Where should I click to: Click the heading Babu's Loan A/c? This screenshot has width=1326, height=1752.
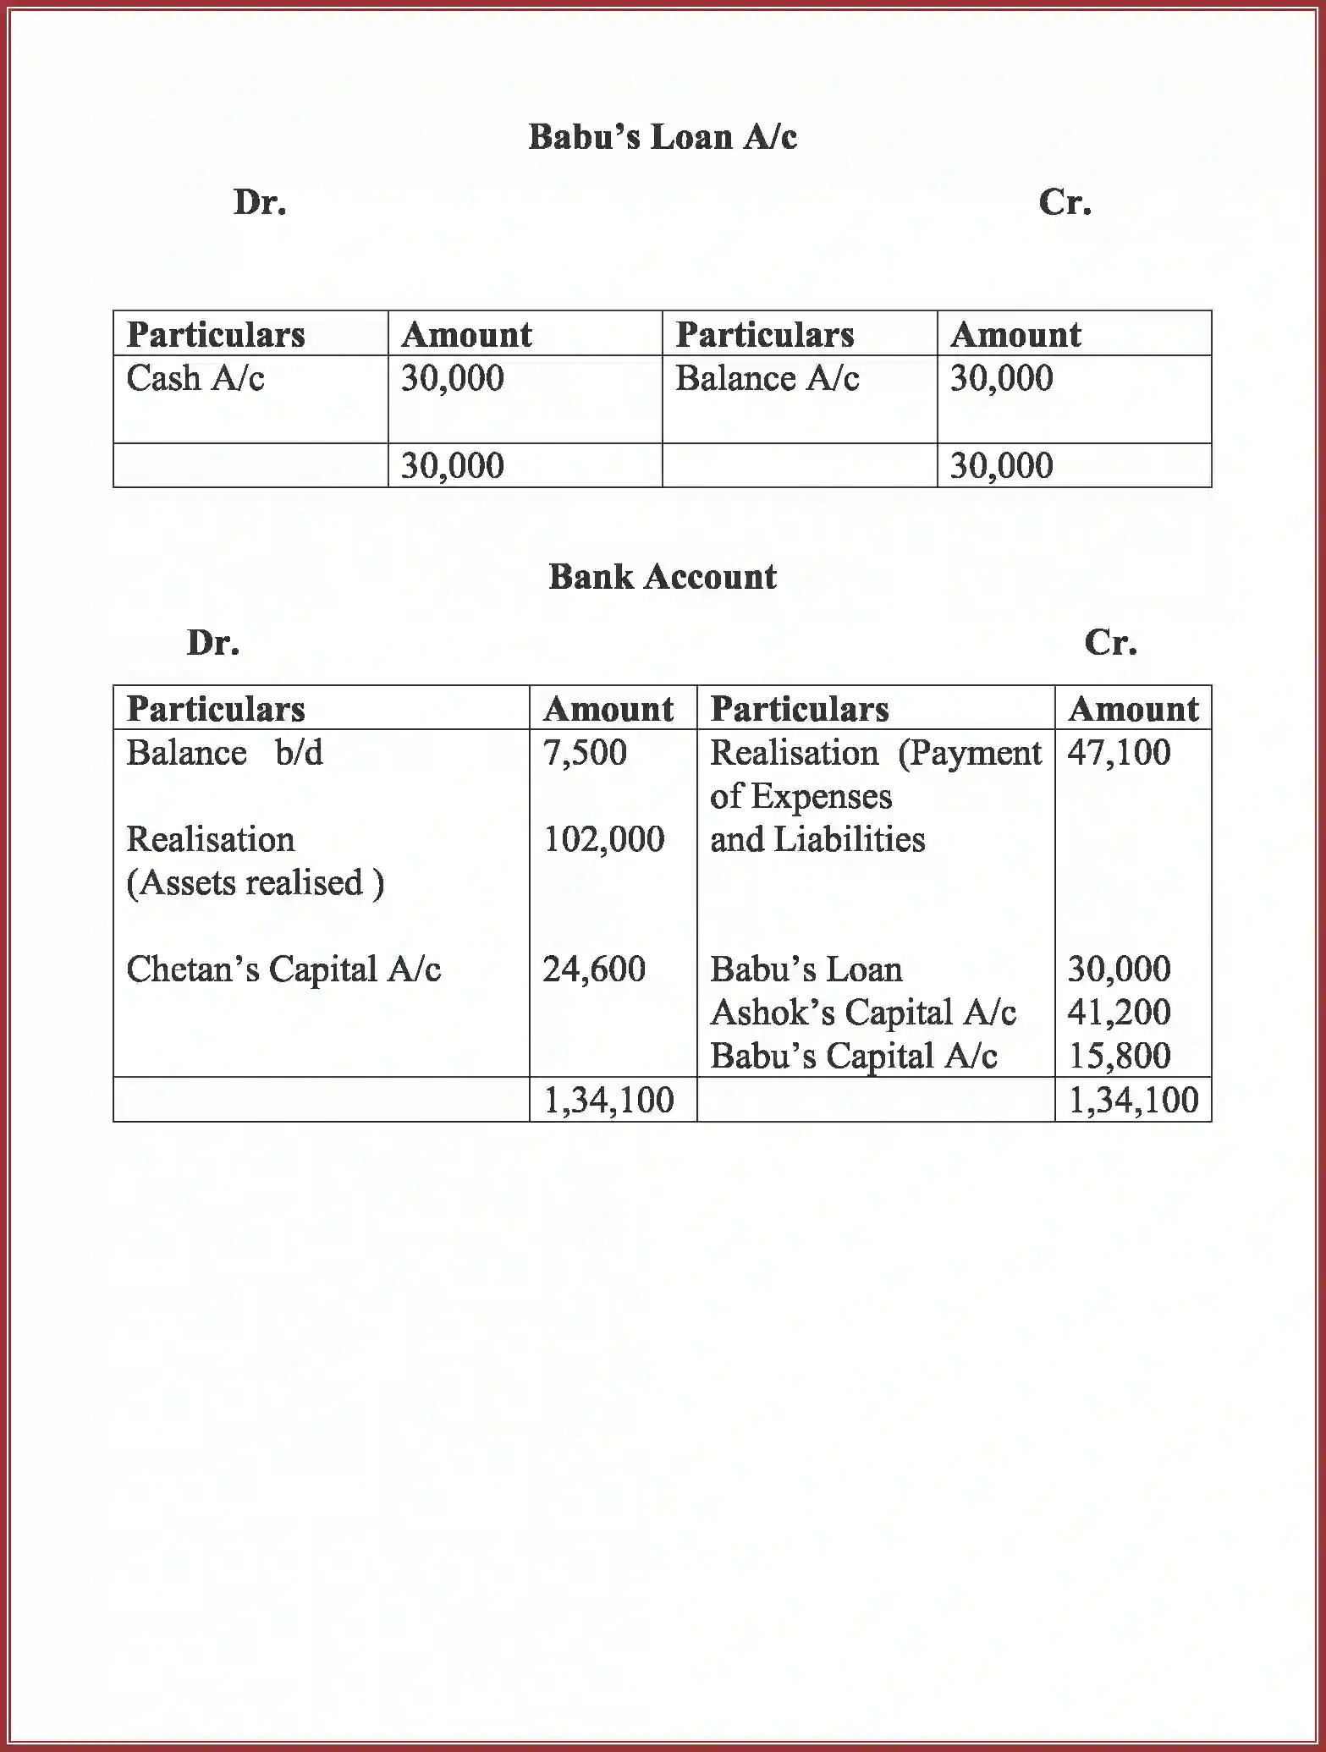pos(663,137)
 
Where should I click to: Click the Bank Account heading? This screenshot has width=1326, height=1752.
pos(663,577)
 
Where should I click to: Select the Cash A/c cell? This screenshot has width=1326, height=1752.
pos(195,378)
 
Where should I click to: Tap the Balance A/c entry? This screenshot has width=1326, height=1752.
pos(767,378)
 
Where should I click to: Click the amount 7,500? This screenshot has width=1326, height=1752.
pos(585,753)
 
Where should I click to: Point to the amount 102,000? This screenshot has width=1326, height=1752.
pos(603,839)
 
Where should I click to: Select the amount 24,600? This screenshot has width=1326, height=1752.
pos(594,969)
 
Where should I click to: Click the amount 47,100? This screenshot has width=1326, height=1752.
pos(1119,753)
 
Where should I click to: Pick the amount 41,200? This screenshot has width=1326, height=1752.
pos(1119,1012)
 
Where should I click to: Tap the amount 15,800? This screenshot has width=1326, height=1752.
pos(1119,1056)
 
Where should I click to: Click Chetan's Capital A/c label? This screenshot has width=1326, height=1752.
pos(283,969)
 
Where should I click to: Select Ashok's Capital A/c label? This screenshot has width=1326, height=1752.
pos(862,1013)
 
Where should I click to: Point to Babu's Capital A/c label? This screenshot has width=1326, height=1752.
pos(853,1056)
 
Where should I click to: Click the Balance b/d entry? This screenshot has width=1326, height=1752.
pos(224,753)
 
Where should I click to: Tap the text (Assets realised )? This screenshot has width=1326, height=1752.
pos(255,883)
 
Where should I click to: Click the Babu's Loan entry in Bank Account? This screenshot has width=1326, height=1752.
pos(806,969)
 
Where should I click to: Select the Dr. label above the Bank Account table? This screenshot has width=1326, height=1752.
pos(213,643)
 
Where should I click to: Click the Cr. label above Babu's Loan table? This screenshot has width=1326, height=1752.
pos(1065,202)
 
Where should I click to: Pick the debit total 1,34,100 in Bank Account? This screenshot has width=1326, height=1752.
pos(608,1100)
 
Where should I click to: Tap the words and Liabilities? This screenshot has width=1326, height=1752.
pos(817,839)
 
